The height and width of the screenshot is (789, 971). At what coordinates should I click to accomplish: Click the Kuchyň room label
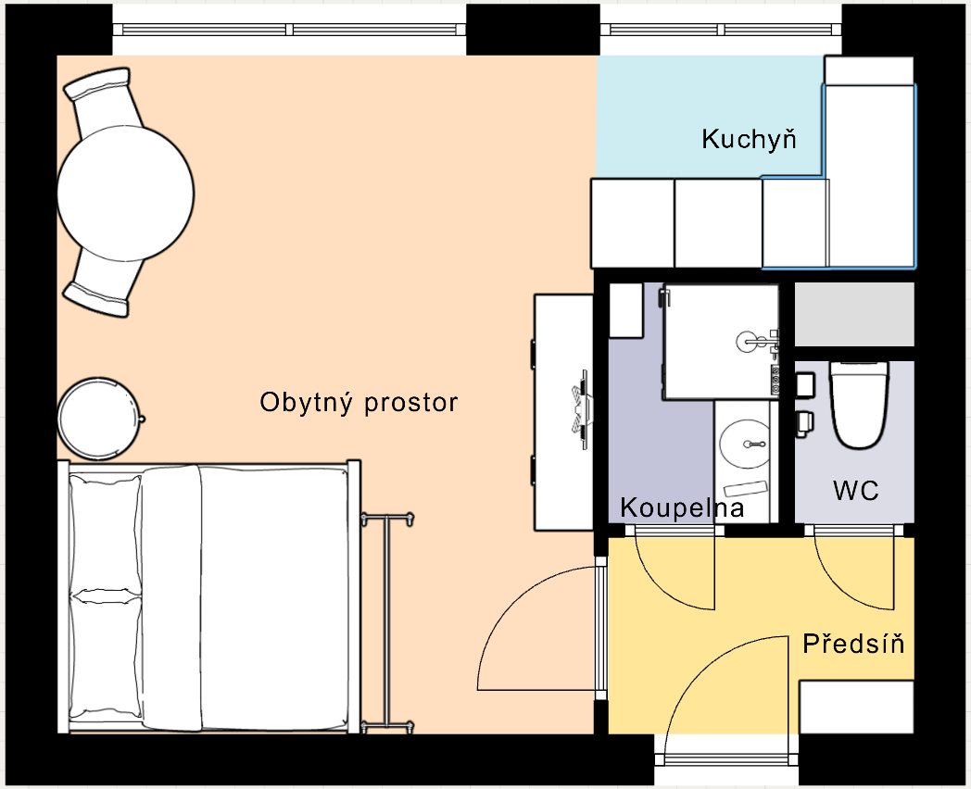749,139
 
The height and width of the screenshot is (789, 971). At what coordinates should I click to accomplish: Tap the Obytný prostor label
359,402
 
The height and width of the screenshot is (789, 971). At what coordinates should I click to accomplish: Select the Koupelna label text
681,507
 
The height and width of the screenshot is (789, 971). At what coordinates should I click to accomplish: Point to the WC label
855,490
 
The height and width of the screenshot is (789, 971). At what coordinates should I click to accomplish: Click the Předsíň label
853,644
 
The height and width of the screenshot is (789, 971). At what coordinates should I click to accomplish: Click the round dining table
126,193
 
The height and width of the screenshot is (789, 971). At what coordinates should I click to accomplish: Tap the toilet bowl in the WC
859,405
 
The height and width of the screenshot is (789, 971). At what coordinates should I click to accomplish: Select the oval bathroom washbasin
744,444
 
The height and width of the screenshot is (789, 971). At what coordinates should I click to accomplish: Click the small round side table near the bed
98,419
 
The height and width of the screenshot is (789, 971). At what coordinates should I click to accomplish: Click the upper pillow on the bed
106,533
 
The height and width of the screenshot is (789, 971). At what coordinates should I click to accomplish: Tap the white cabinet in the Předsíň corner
856,708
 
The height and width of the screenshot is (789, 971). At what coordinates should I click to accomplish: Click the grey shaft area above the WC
854,314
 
